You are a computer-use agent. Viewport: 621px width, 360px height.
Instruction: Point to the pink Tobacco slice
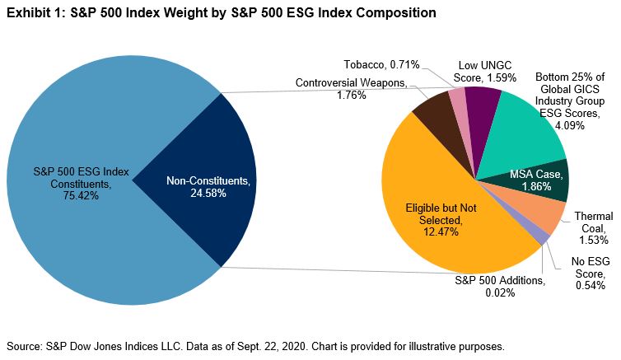458,105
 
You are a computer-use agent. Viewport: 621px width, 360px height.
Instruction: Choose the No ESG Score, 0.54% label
591,274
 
